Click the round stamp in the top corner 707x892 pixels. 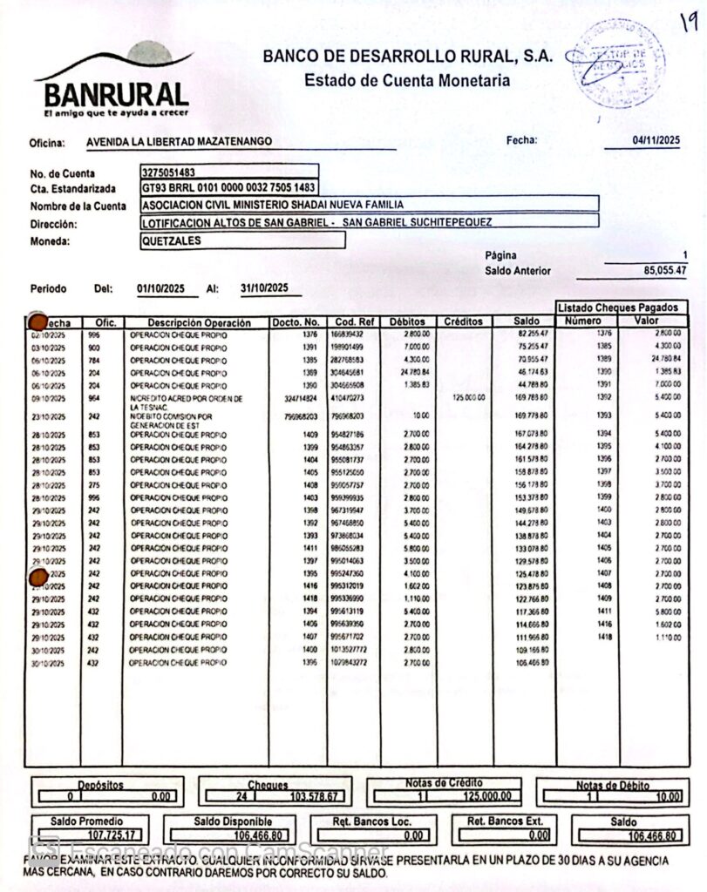(615, 62)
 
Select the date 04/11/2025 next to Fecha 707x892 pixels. (656, 140)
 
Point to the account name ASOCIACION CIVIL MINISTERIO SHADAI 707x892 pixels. (273, 205)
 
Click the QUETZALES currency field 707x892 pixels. (171, 240)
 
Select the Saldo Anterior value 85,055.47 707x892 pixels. (664, 271)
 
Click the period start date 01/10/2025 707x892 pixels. (162, 288)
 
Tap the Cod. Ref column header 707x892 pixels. (353, 322)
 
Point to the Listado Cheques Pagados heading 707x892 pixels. (620, 307)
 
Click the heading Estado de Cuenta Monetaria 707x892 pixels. (407, 81)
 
